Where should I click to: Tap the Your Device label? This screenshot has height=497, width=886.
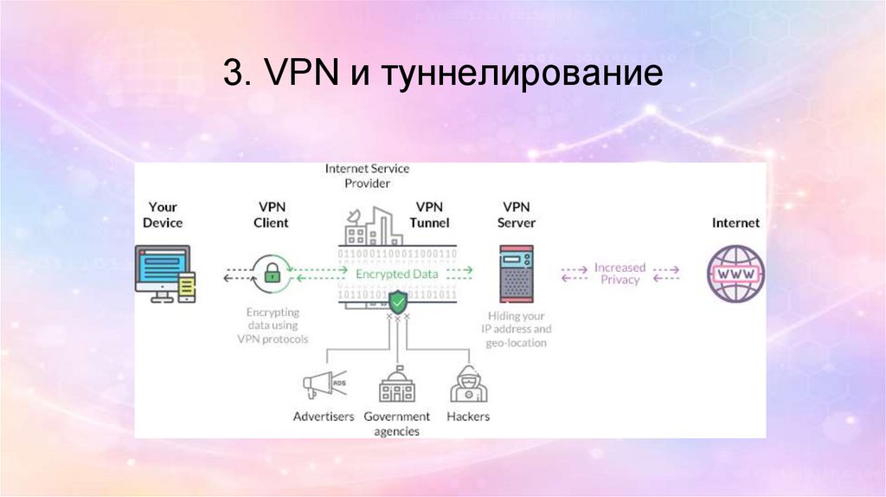(x=163, y=215)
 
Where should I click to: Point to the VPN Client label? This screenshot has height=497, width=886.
(x=273, y=215)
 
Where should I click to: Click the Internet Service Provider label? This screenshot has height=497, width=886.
(x=369, y=176)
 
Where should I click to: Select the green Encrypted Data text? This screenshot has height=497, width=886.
(x=397, y=274)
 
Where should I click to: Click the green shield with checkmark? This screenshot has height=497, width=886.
(x=397, y=303)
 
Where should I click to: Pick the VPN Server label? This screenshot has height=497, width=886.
(x=517, y=215)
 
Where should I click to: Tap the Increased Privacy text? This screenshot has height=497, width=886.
(x=620, y=274)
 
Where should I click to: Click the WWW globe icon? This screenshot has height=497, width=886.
(x=735, y=274)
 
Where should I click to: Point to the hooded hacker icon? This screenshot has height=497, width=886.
(x=467, y=384)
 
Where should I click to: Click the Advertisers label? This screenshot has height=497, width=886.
(x=324, y=416)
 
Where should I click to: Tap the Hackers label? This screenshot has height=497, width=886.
(x=468, y=416)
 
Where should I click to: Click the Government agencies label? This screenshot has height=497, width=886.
(x=397, y=423)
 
